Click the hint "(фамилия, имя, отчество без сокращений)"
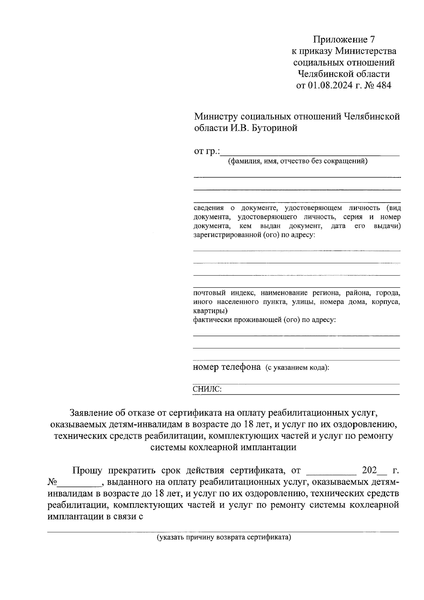[x=298, y=162]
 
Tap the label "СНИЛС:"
[x=207, y=389]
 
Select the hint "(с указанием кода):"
[x=298, y=368]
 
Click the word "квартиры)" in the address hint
[x=210, y=311]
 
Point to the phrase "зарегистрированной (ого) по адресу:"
[x=254, y=235]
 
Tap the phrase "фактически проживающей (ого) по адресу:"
[x=264, y=320]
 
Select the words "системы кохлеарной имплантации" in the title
[x=223, y=447]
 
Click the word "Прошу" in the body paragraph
[x=87, y=471]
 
